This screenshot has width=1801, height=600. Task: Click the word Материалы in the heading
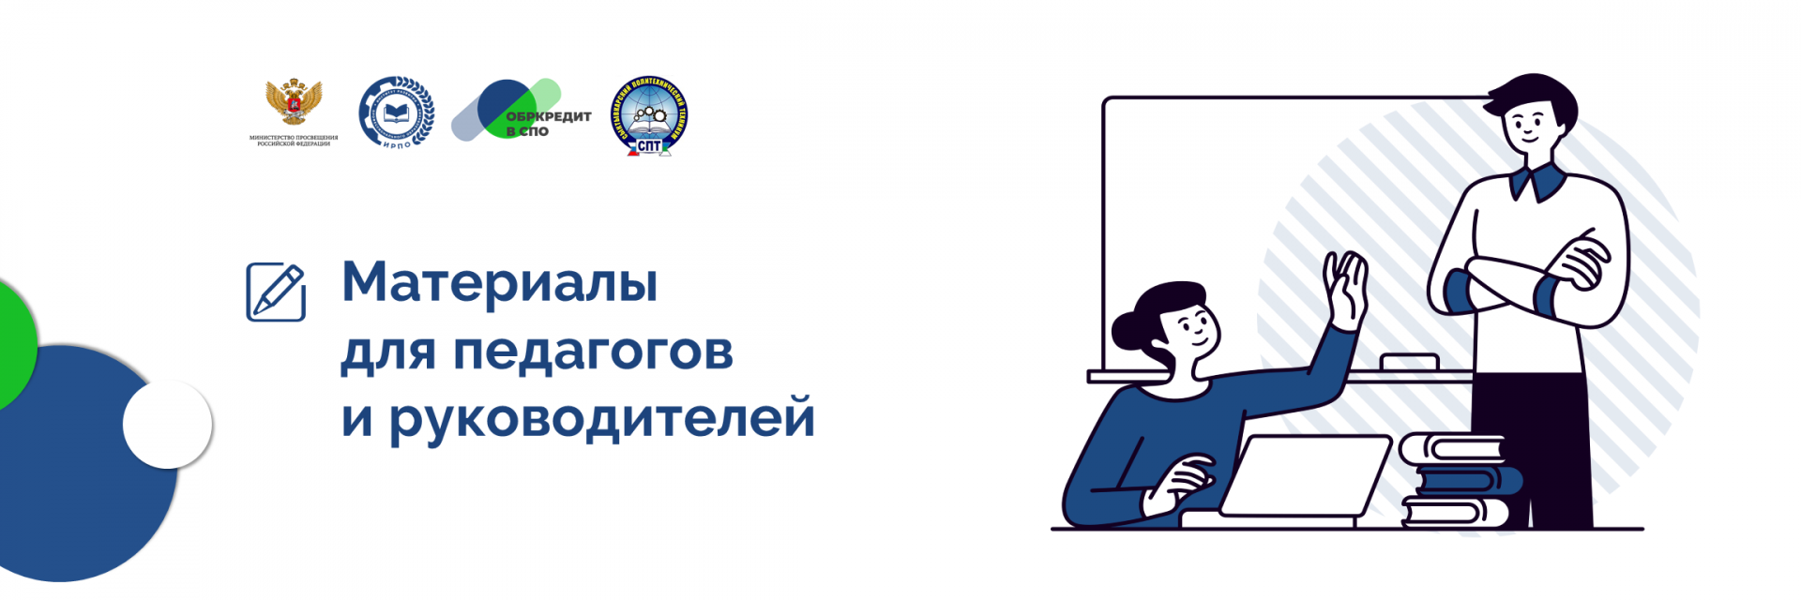click(x=499, y=282)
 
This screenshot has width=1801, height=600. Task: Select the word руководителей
click(x=601, y=418)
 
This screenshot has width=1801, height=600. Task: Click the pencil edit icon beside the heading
click(x=276, y=292)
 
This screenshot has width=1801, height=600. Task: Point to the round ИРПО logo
click(x=396, y=112)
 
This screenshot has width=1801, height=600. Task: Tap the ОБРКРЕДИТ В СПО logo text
click(x=547, y=122)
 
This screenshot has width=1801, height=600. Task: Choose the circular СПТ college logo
click(x=648, y=114)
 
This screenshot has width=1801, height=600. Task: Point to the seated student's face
click(x=1192, y=329)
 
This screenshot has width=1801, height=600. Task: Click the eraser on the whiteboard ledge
click(x=1409, y=362)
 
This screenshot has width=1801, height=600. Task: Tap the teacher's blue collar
click(x=1537, y=182)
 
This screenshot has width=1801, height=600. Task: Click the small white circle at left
click(x=168, y=424)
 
